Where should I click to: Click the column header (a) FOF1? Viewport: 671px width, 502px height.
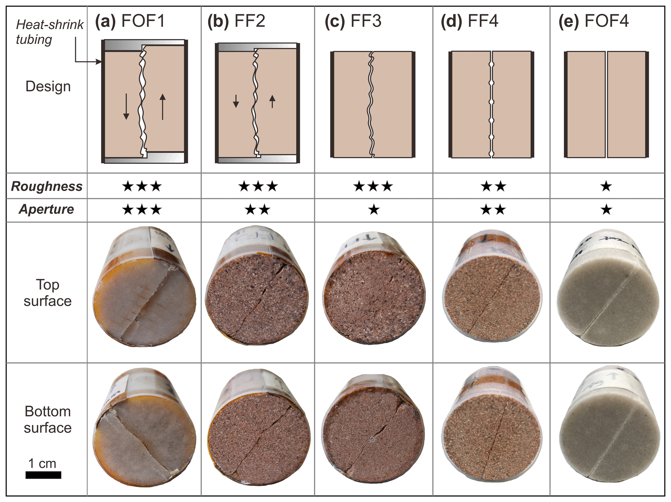coord(130,21)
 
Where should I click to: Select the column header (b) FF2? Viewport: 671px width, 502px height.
coord(236,21)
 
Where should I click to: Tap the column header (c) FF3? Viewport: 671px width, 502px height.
coord(353,21)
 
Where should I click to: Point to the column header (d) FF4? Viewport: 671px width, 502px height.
coord(469,21)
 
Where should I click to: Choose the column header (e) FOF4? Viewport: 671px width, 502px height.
coord(593,21)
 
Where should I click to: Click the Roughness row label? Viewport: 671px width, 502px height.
coord(47,186)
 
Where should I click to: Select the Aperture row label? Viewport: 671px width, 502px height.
coord(47,209)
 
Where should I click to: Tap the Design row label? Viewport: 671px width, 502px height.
coord(48,87)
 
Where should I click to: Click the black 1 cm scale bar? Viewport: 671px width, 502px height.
coord(43,475)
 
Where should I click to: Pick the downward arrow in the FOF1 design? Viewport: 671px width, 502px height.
coord(126,107)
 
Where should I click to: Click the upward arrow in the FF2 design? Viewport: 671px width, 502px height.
coord(272,101)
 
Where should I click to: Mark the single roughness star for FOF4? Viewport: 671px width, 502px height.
coord(606,186)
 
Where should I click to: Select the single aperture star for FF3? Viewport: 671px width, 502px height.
coord(374,210)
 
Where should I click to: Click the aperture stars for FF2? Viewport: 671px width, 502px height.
coord(257,210)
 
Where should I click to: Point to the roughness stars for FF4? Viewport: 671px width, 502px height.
coord(493,186)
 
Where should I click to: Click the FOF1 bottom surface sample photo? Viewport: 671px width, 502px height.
coord(144,428)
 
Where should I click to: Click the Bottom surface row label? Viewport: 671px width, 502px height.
coord(48,420)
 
